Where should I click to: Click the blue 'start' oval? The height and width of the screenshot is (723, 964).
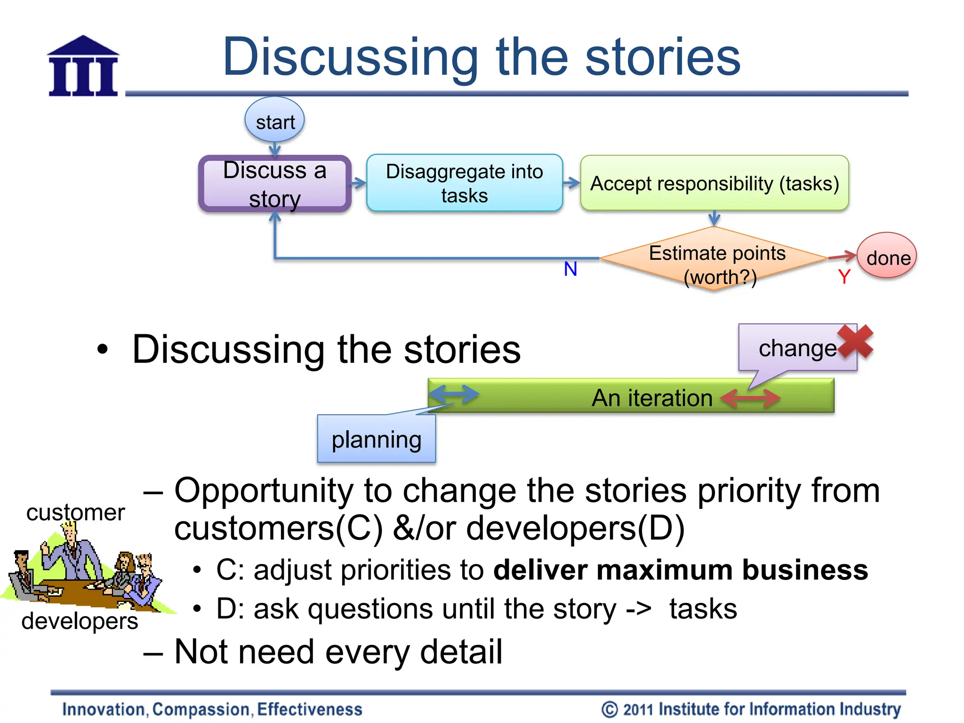pyautogui.click(x=274, y=120)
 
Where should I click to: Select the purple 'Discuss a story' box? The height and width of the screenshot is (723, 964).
pyautogui.click(x=275, y=184)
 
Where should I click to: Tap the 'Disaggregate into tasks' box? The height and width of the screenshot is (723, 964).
pyautogui.click(x=464, y=183)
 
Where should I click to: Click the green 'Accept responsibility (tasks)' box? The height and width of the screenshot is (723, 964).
pyautogui.click(x=714, y=183)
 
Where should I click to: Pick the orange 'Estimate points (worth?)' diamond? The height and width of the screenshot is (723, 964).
pyautogui.click(x=714, y=259)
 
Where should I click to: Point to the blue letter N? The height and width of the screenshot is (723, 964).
pyautogui.click(x=570, y=269)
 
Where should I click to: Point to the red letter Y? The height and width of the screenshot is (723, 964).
pyautogui.click(x=843, y=277)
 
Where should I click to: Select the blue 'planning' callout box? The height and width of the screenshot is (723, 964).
pyautogui.click(x=376, y=439)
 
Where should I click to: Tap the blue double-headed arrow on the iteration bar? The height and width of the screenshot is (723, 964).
pyautogui.click(x=454, y=394)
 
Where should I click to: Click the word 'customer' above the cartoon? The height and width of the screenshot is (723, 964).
pyautogui.click(x=75, y=512)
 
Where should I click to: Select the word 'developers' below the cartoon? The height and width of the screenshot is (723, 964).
pyautogui.click(x=80, y=620)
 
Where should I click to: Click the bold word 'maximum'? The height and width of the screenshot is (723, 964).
pyautogui.click(x=664, y=570)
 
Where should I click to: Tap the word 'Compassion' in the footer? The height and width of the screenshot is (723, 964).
pyautogui.click(x=202, y=709)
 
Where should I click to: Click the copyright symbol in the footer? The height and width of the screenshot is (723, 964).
pyautogui.click(x=609, y=709)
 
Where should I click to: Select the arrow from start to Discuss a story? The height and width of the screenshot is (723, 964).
pyautogui.click(x=275, y=150)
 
